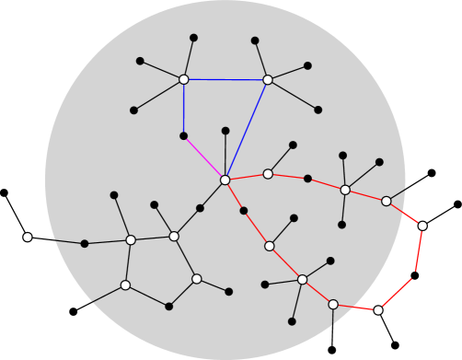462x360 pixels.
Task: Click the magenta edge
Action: pyautogui.click(x=204, y=157)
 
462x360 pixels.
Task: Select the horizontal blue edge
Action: pyautogui.click(x=225, y=80)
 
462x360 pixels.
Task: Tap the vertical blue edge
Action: pyautogui.click(x=184, y=108)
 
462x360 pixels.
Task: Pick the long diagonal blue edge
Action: pyautogui.click(x=247, y=130)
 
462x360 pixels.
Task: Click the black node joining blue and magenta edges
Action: pyautogui.click(x=184, y=136)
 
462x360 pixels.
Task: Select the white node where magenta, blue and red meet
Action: pyautogui.click(x=225, y=180)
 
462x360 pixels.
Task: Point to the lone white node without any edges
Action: pyautogui.click(x=28, y=237)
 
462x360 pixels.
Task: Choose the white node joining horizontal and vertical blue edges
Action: pyautogui.click(x=184, y=79)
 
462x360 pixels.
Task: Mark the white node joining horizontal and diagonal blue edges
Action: pyautogui.click(x=268, y=80)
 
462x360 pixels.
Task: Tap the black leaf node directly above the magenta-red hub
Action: pyautogui.click(x=225, y=131)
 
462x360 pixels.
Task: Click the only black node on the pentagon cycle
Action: pyautogui.click(x=168, y=307)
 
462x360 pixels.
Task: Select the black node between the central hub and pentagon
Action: pyautogui.click(x=200, y=208)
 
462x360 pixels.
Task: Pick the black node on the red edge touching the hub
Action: pyautogui.click(x=244, y=211)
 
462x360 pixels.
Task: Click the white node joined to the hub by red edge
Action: pyautogui.click(x=268, y=174)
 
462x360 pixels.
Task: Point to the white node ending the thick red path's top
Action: pyautogui.click(x=422, y=226)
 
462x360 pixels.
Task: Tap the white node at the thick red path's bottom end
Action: pyautogui.click(x=378, y=310)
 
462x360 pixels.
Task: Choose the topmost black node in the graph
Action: pyautogui.click(x=193, y=38)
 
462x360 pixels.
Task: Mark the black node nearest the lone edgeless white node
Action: pyautogui.click(x=85, y=244)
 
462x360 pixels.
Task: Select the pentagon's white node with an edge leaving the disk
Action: pyautogui.click(x=125, y=285)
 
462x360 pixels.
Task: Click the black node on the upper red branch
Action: pyautogui.click(x=307, y=179)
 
